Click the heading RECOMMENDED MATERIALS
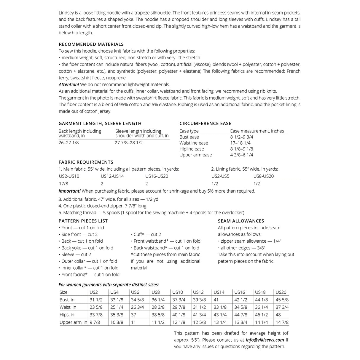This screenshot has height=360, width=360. (91, 44)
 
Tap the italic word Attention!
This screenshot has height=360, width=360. (69, 84)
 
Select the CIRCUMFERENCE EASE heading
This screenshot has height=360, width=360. (205, 124)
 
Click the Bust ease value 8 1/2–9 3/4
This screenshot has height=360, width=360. (241, 137)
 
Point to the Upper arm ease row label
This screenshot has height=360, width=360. (195, 155)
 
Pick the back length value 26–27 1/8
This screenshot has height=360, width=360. (69, 143)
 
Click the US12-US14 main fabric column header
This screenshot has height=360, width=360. (112, 176)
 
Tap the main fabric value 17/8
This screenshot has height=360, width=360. (63, 183)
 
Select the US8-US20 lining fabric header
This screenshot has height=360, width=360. (263, 176)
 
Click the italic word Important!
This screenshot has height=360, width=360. (69, 191)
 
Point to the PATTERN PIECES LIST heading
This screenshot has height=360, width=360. (83, 221)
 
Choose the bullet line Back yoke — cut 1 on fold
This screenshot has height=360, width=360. (87, 248)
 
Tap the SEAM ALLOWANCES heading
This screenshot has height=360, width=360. (241, 221)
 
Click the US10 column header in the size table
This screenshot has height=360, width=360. (178, 292)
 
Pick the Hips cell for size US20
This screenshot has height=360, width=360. (278, 315)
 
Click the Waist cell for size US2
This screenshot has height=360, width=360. (96, 307)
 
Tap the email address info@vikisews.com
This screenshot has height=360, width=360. (265, 340)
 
